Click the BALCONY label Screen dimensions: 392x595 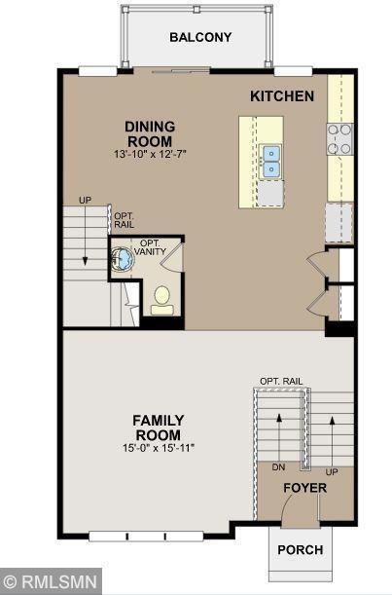[x=200, y=37]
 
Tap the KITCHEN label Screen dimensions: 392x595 [x=282, y=96]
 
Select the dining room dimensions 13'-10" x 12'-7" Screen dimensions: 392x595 [x=150, y=154]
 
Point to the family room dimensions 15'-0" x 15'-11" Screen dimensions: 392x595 [x=159, y=448]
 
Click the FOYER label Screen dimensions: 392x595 [x=304, y=488]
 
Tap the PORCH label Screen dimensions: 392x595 [x=301, y=550]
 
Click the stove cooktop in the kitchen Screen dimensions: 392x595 [x=340, y=139]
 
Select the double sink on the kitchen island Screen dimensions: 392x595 [x=270, y=162]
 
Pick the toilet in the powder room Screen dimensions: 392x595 [x=162, y=300]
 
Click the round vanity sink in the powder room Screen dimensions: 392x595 [x=123, y=259]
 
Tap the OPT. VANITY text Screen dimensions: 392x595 [x=150, y=247]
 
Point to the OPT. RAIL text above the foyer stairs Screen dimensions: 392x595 [x=281, y=381]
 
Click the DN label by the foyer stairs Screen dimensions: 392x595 [x=278, y=467]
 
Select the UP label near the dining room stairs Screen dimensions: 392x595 [x=85, y=200]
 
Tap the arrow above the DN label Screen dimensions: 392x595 [x=279, y=437]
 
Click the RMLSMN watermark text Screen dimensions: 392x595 [x=51, y=581]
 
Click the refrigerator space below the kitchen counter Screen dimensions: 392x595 [x=339, y=222]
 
